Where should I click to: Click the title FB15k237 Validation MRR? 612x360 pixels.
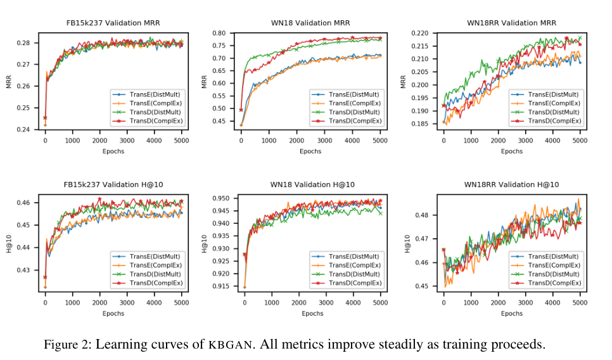(x=113, y=23)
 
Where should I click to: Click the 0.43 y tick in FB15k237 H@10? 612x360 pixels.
(x=24, y=270)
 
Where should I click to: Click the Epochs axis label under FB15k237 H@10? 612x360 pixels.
(x=113, y=313)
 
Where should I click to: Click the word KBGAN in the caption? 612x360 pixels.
(x=232, y=345)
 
